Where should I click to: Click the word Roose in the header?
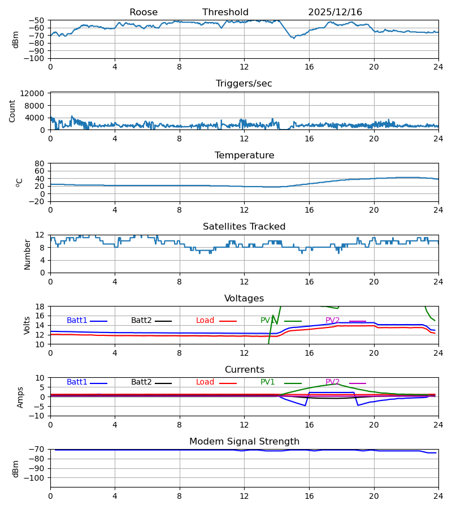tap(144, 12)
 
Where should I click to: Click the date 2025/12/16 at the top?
tap(335, 12)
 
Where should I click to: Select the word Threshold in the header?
tap(225, 12)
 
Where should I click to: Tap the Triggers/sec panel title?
tap(244, 84)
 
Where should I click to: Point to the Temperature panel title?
tap(244, 156)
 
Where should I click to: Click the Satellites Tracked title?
tap(244, 227)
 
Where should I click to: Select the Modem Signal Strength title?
tap(244, 442)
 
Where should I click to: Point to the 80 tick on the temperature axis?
tap(39, 163)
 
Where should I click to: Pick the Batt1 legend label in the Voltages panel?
tap(77, 321)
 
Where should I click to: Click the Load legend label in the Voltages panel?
tap(205, 321)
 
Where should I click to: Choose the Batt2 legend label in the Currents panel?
tap(141, 382)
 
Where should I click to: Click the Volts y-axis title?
tap(28, 325)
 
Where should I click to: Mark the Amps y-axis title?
tap(21, 397)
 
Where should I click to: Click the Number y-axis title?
tap(28, 254)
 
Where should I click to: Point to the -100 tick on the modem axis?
tap(34, 478)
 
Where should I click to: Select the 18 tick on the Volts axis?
tap(40, 307)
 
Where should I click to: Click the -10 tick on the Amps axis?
tap(37, 416)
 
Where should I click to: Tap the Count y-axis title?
tap(12, 111)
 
